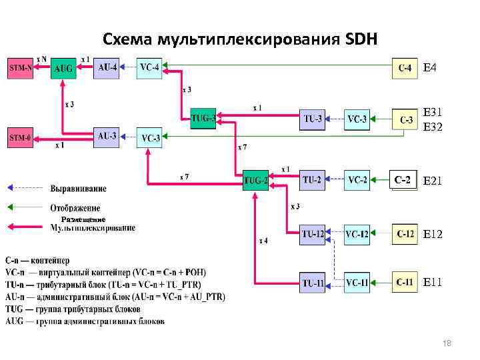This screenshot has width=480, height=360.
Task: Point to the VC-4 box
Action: point(149,68)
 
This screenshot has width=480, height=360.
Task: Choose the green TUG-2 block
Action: point(255,180)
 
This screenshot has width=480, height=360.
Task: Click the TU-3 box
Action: point(313,119)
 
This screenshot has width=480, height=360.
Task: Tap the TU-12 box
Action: point(313,234)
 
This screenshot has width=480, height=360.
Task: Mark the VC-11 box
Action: point(357,283)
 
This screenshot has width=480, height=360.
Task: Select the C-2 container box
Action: point(403,179)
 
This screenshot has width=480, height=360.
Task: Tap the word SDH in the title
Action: point(361,39)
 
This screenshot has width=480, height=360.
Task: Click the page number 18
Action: point(447,343)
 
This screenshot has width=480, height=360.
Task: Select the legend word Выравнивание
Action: point(79,189)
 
